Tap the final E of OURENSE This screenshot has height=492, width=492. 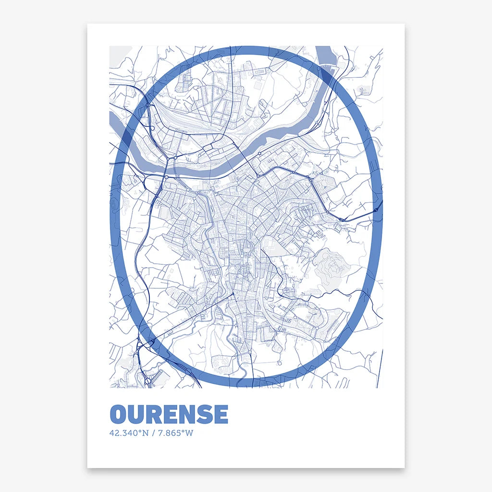coord(220,414)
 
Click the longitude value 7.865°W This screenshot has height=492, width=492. coord(175,433)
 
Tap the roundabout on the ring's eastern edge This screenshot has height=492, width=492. coord(376,210)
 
